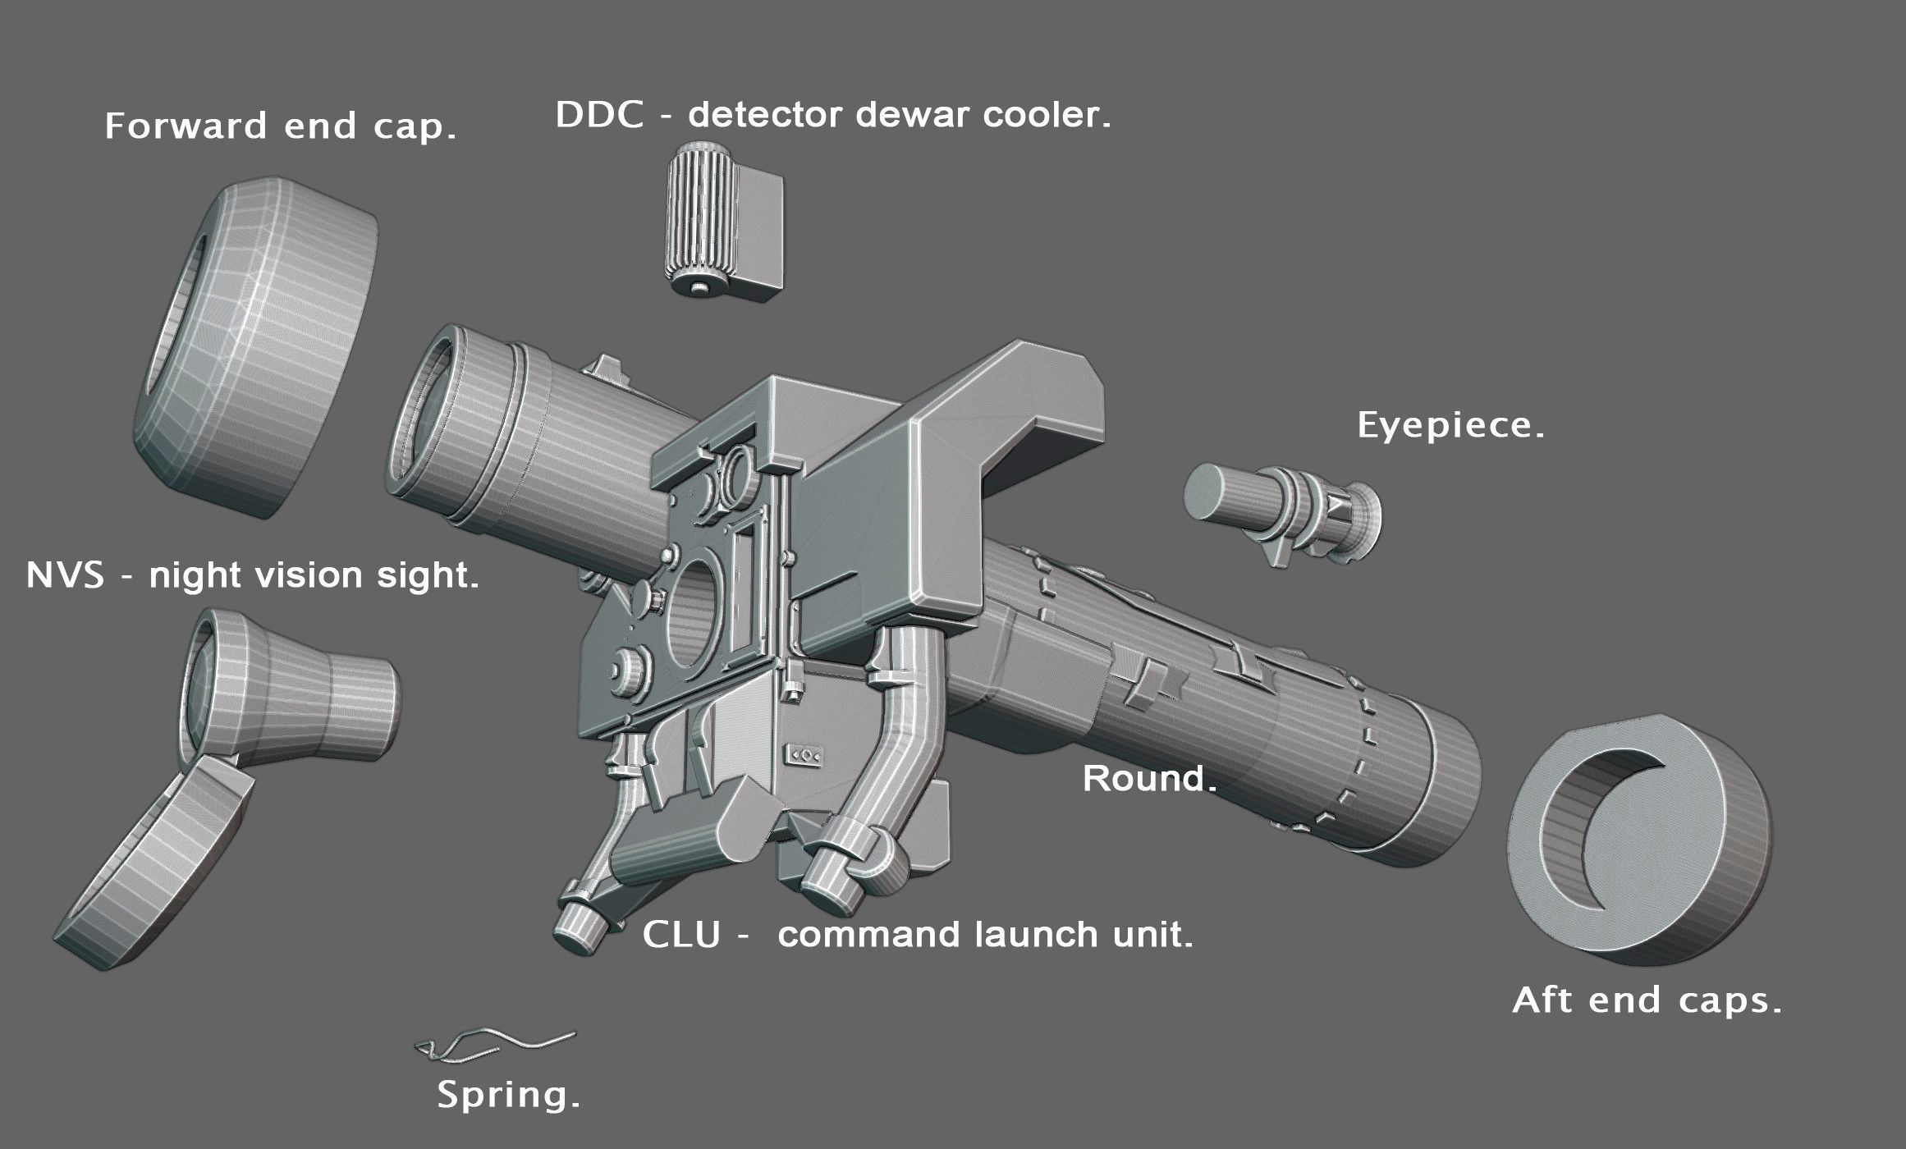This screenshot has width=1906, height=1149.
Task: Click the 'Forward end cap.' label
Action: click(x=280, y=127)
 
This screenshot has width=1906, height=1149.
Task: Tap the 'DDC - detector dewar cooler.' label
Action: click(x=832, y=116)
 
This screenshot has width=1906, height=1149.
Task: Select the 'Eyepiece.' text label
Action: click(x=1450, y=426)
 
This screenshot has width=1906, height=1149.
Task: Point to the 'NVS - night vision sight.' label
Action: click(x=252, y=576)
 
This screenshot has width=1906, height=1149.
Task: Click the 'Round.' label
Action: click(x=1149, y=778)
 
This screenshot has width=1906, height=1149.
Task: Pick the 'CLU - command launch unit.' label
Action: click(x=917, y=935)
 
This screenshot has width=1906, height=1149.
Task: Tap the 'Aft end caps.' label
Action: click(x=1647, y=1000)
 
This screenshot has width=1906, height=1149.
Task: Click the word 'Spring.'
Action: click(x=508, y=1096)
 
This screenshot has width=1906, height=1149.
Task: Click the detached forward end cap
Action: click(x=254, y=345)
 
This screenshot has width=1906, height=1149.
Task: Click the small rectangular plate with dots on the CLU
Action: click(x=804, y=754)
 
